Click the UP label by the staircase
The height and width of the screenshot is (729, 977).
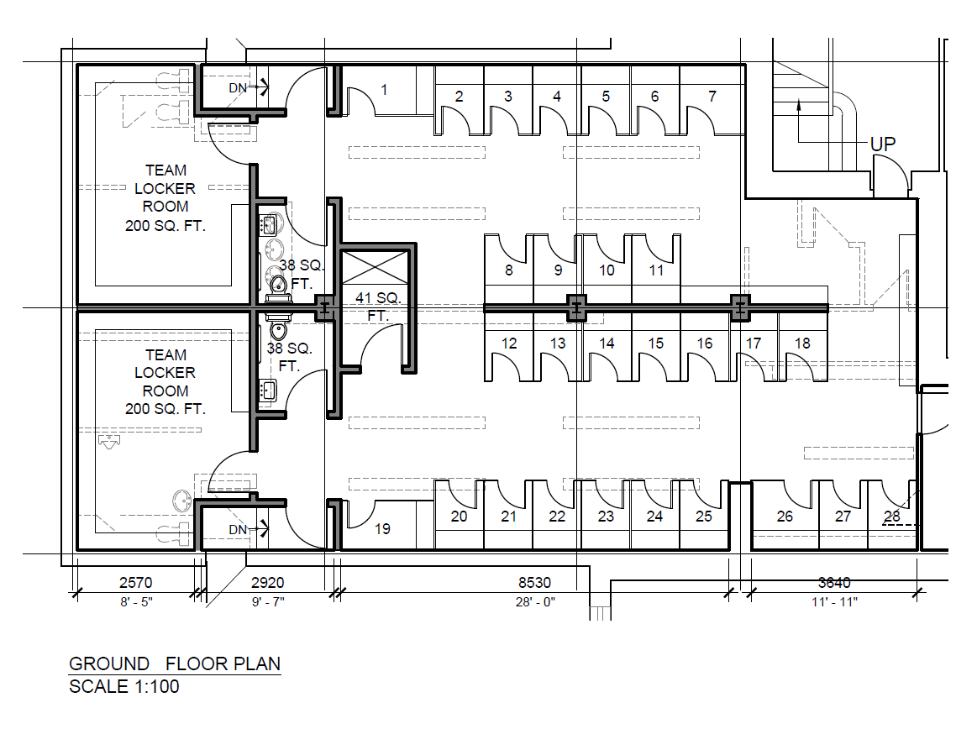883,144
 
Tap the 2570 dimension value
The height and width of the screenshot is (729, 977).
136,582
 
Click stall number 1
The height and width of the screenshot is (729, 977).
384,89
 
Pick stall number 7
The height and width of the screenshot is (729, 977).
712,97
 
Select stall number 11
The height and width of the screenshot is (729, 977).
656,270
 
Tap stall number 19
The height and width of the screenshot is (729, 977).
382,529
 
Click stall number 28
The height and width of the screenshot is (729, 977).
891,517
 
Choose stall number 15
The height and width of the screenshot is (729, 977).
656,344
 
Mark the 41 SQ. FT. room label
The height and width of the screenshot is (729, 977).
379,307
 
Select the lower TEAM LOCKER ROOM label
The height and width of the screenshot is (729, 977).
165,382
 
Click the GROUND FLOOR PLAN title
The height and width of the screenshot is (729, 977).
174,663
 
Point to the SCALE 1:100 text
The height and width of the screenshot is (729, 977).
123,686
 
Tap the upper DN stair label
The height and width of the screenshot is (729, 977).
239,87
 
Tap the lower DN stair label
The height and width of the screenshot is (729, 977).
239,529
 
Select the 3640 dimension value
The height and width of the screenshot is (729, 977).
834,582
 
